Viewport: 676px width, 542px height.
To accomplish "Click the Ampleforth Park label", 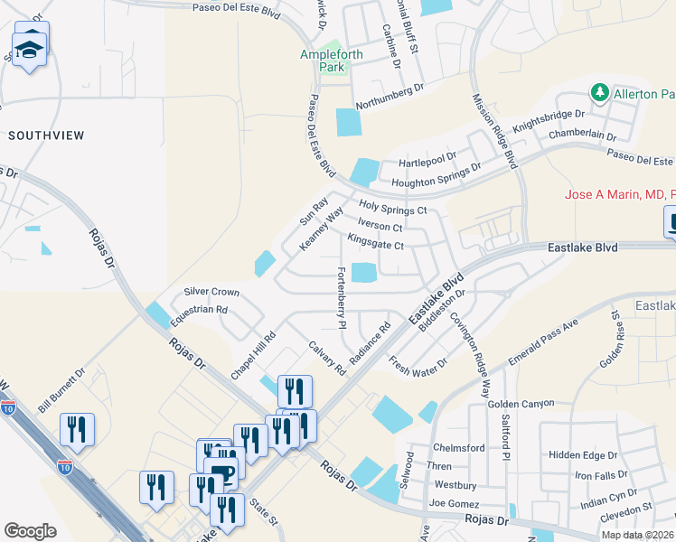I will click(x=332, y=61).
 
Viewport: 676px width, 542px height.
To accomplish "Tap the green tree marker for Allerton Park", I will click(x=598, y=92).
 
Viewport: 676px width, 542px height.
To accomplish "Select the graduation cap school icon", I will click(x=31, y=51).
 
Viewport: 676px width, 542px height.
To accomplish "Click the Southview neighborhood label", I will click(x=46, y=135).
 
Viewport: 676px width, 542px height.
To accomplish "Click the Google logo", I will click(x=30, y=530).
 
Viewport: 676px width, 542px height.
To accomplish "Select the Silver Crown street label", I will click(x=211, y=292).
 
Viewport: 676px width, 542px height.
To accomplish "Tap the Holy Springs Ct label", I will click(x=392, y=209).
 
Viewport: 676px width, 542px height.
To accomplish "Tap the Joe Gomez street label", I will click(x=451, y=503).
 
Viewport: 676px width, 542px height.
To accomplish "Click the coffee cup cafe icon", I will click(x=221, y=472).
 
